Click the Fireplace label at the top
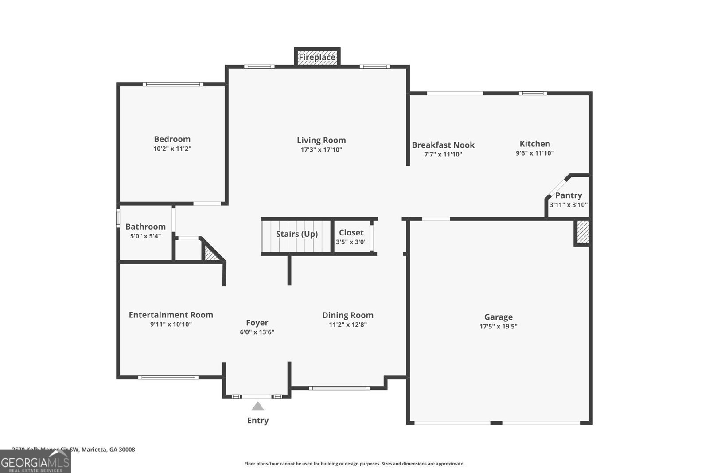point(317,58)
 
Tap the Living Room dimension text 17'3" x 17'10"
point(321,150)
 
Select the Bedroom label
point(172,139)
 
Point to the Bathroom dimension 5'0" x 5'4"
point(145,236)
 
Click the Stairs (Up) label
point(297,234)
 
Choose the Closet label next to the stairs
point(351,232)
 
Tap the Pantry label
point(569,195)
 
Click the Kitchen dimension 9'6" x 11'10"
point(535,153)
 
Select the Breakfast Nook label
point(443,145)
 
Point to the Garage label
point(498,317)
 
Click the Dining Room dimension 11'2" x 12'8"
point(348,324)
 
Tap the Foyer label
point(257,323)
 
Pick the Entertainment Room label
point(171,315)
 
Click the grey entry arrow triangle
point(258,407)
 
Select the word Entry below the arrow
point(258,421)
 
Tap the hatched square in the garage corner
point(583,232)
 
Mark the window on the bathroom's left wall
point(118,218)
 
